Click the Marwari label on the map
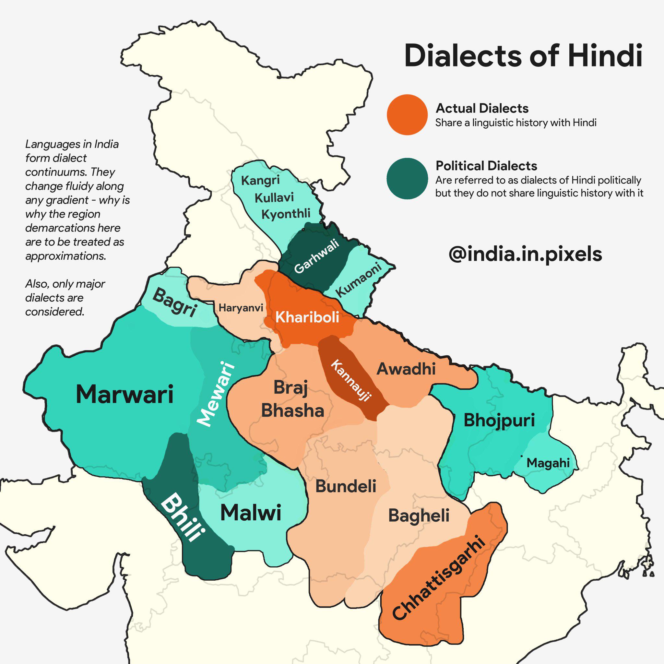point(124,394)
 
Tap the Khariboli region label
point(307,317)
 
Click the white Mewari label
point(216,394)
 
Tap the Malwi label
point(251,513)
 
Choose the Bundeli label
point(346,486)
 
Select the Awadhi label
point(406,369)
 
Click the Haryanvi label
point(241,308)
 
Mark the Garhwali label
point(316,256)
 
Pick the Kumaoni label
point(359,279)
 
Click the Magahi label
point(548,463)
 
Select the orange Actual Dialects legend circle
point(407,114)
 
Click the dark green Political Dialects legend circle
point(407,178)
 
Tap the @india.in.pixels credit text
point(525,254)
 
